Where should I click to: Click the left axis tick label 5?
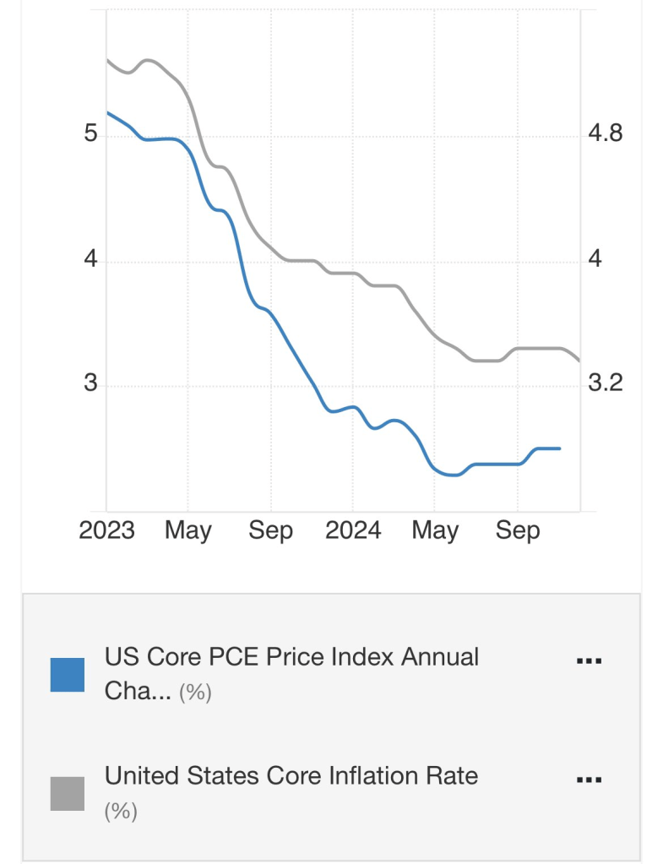[91, 134]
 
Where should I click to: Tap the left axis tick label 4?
[90, 259]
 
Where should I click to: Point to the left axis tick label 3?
[90, 384]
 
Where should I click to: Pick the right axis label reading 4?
[595, 259]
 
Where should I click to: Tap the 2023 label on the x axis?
[106, 530]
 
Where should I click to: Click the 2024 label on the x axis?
[353, 530]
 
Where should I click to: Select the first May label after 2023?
[187, 530]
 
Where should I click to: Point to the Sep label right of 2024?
[517, 530]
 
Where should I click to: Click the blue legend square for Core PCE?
[68, 674]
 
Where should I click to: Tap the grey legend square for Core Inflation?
[68, 793]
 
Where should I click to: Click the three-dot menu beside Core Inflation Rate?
[588, 780]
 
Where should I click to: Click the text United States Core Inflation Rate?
[291, 775]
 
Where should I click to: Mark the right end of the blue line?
[560, 448]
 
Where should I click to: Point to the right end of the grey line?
[579, 361]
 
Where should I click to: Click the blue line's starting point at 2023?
[107, 112]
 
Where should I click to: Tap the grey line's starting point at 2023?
[107, 59]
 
